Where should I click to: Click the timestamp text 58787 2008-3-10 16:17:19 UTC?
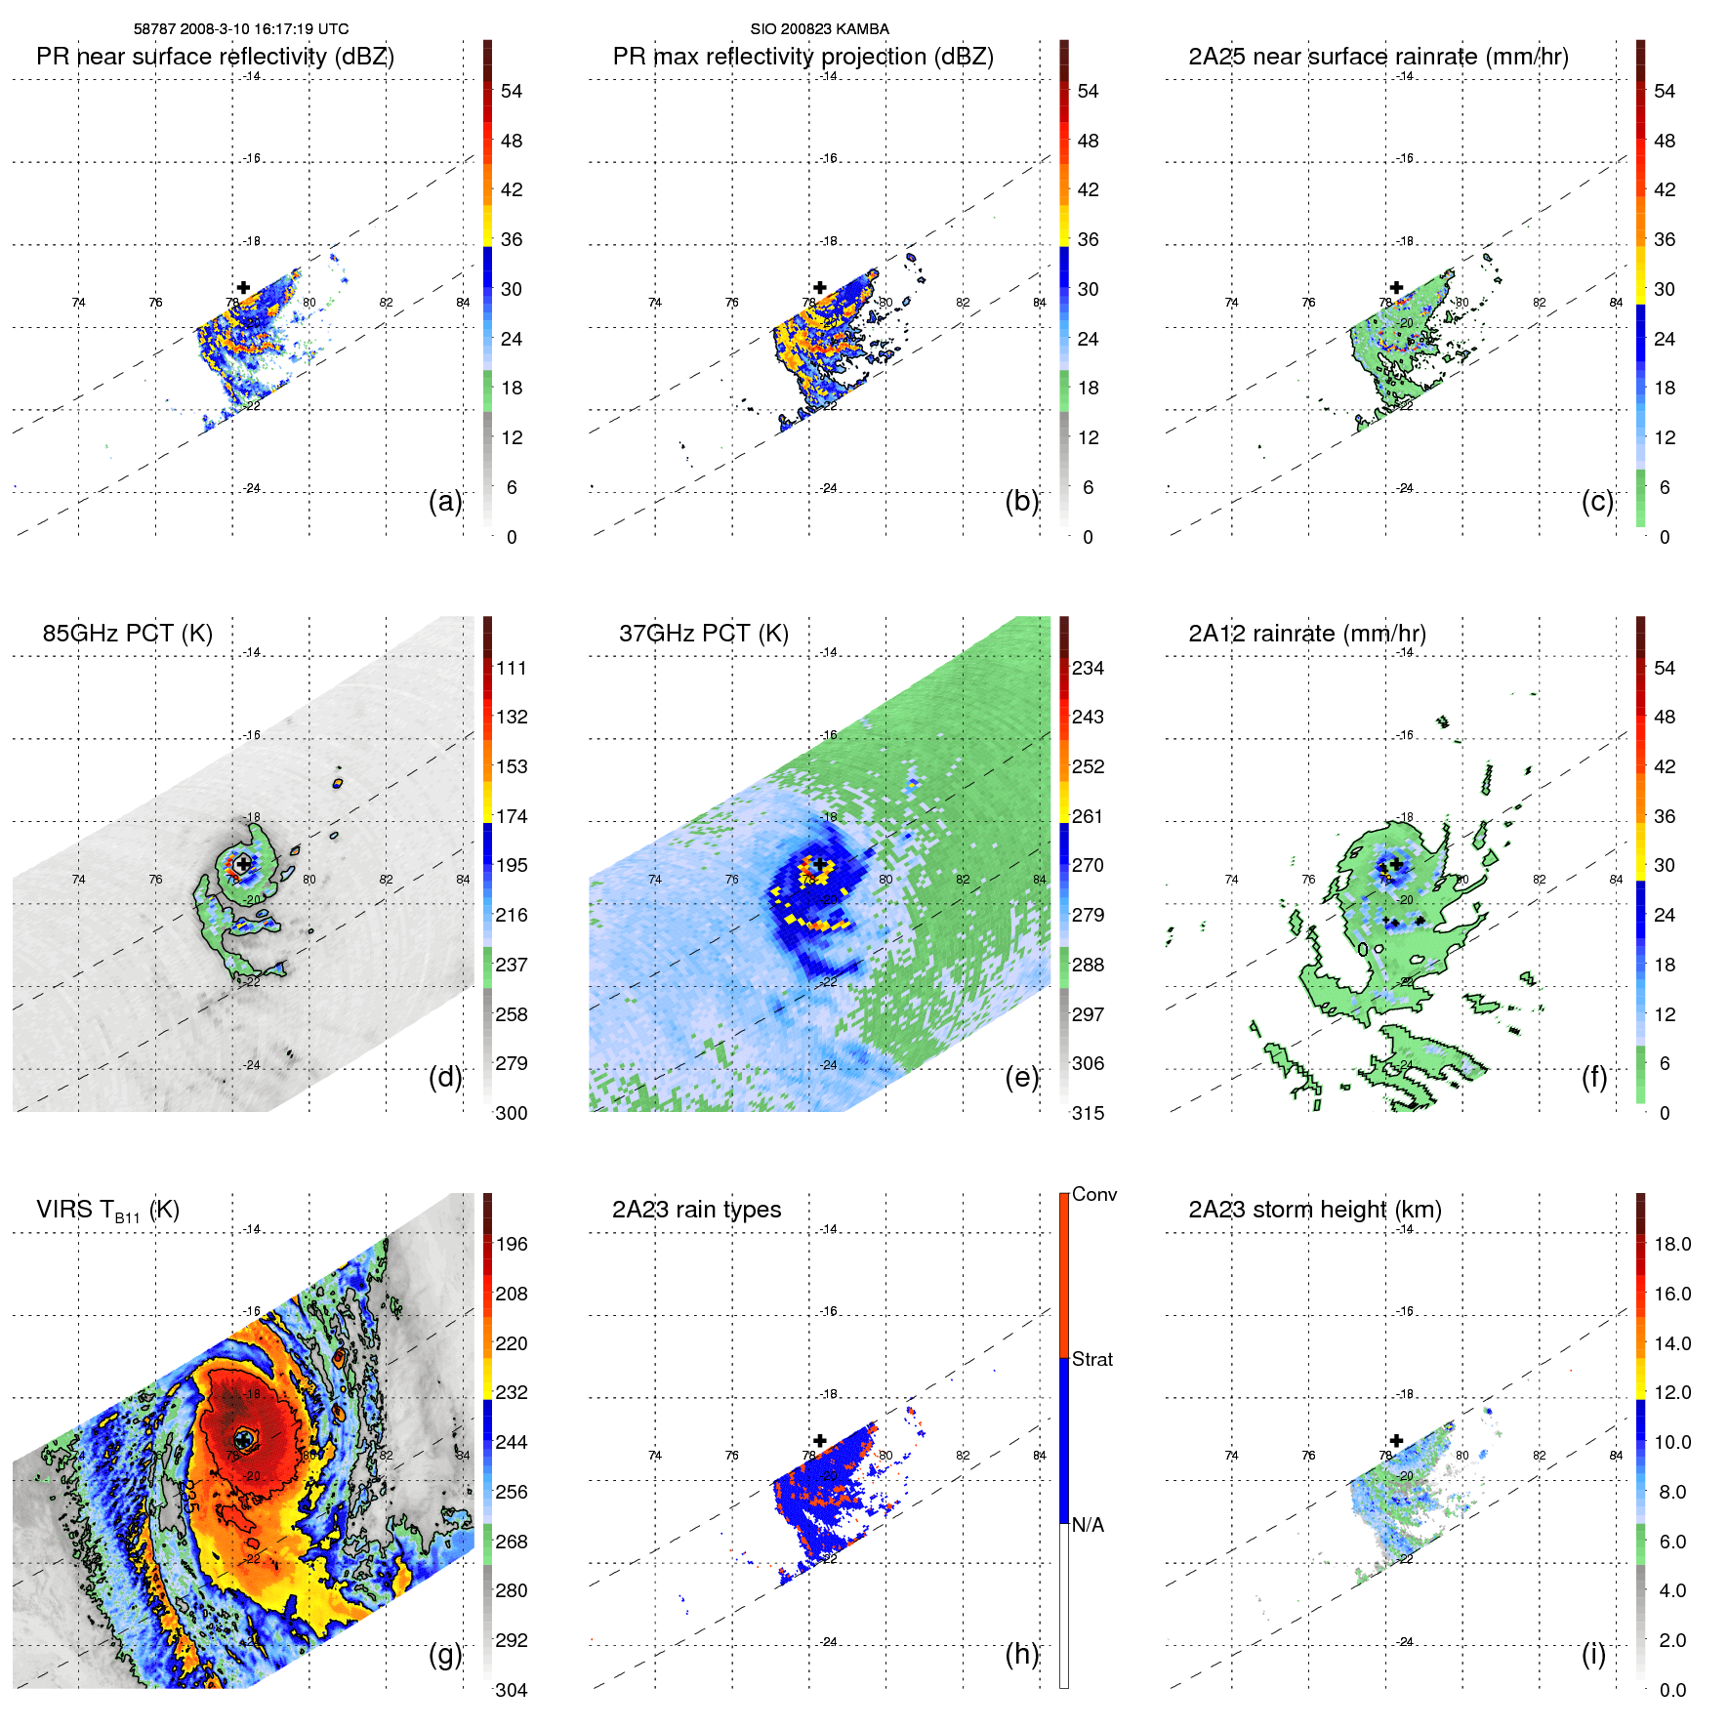coord(241,29)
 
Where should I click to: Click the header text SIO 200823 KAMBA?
coord(819,29)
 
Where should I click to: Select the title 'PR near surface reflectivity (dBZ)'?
coord(215,57)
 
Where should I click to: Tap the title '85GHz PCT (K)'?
coord(127,634)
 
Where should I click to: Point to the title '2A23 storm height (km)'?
coord(1314,1210)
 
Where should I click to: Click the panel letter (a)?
coord(445,501)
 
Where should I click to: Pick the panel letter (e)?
coord(1021,1077)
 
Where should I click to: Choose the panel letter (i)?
coord(1593,1654)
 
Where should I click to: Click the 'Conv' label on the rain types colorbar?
coord(1093,1194)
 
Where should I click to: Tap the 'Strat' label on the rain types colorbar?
coord(1091,1359)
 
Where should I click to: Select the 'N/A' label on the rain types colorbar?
coord(1088,1525)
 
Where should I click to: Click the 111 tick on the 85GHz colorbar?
coord(512,668)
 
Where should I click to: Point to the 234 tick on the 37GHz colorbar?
coord(1088,668)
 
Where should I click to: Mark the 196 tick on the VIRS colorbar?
coord(512,1244)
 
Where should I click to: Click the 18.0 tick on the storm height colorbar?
coord(1671,1244)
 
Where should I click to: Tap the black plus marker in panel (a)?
coord(243,287)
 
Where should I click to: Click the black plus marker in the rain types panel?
coord(820,1440)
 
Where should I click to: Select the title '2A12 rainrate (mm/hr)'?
coord(1306,634)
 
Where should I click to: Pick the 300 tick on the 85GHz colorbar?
coord(512,1113)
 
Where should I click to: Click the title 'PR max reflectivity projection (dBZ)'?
coord(803,57)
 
